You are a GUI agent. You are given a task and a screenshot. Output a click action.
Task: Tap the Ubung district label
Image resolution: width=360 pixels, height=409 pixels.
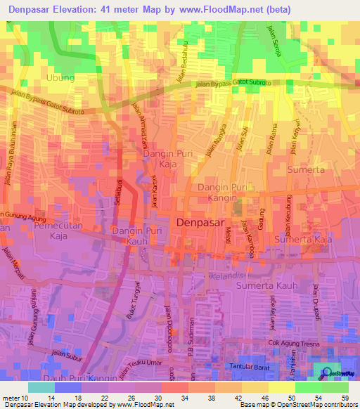click(x=60, y=78)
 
